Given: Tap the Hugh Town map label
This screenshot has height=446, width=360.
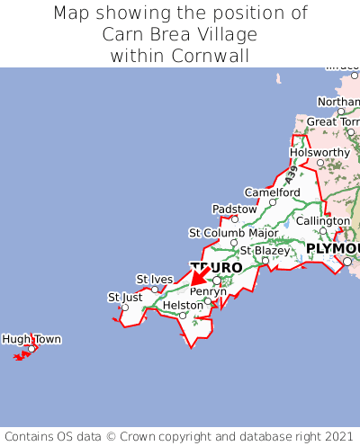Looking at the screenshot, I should (31, 339).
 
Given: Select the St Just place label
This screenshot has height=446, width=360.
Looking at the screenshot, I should (125, 297).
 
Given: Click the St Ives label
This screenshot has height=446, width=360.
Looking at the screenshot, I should (154, 279).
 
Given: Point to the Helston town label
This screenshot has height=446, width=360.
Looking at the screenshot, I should (184, 306).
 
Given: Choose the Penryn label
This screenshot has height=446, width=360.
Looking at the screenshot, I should (208, 291).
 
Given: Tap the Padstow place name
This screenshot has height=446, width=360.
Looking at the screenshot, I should (234, 209).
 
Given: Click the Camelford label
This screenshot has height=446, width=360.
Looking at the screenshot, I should (273, 192).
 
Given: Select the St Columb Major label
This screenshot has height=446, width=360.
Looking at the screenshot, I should (233, 233).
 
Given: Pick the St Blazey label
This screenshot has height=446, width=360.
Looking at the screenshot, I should (265, 250).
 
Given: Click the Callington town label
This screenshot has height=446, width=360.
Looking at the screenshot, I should (323, 221).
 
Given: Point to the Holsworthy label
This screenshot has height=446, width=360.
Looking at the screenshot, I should (319, 152).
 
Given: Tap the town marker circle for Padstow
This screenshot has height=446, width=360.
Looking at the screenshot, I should (235, 219).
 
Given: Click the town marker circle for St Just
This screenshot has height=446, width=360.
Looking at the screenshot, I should (125, 308).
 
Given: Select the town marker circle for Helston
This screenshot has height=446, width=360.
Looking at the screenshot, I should (183, 316).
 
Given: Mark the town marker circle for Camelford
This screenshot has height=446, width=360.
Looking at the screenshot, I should (272, 202).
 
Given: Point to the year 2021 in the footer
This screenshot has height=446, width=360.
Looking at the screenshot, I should (335, 434).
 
